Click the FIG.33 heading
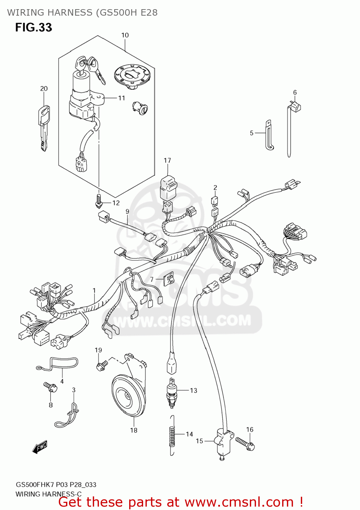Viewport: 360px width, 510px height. (x=33, y=27)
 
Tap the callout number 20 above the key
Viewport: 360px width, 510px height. (x=44, y=89)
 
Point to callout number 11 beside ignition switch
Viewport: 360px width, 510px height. (x=122, y=98)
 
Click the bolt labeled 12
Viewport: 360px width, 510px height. (x=99, y=201)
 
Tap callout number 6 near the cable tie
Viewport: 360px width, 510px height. (x=295, y=92)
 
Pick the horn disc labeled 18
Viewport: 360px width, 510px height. (x=128, y=396)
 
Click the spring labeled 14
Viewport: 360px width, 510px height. (x=173, y=435)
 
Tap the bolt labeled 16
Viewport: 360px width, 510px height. (x=245, y=443)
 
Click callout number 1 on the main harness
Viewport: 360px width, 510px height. (x=94, y=291)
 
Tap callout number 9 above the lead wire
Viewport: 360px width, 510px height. (x=127, y=211)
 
